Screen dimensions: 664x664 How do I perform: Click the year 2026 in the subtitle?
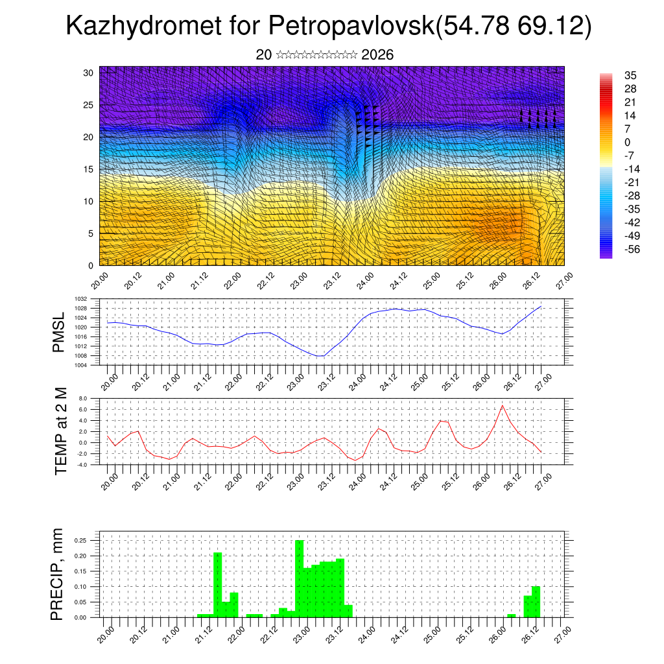tap(377, 55)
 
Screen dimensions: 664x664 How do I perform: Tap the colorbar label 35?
tap(630, 75)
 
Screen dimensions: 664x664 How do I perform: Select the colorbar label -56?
tap(630, 249)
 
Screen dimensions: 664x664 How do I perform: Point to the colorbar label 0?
tap(627, 142)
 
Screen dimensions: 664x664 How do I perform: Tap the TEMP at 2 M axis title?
tap(61, 431)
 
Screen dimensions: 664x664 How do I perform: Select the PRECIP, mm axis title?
tap(59, 573)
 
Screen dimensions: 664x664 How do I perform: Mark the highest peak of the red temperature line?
tap(502, 405)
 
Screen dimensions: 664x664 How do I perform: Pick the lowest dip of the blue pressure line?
tap(319, 356)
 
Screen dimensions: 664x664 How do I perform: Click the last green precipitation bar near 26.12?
tap(536, 602)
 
